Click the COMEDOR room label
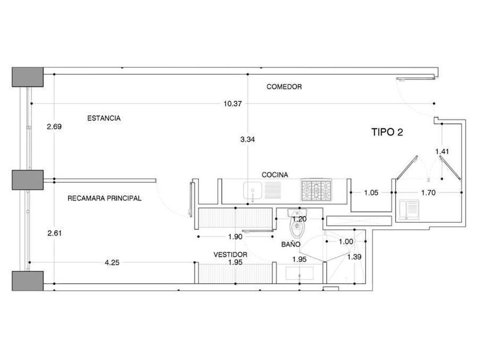[x=284, y=87]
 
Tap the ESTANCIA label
[x=103, y=118]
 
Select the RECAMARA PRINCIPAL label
[x=104, y=198]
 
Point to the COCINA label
[x=275, y=175]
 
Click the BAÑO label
[x=290, y=244]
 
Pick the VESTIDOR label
[x=230, y=255]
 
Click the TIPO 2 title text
[x=387, y=132]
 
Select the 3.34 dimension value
[x=247, y=139]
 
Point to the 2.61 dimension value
[x=54, y=233]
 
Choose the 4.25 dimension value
[x=113, y=263]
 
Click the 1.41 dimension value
[x=443, y=151]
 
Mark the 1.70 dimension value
[x=429, y=193]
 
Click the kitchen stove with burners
[x=316, y=190]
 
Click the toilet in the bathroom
[x=297, y=229]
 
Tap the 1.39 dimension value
[x=354, y=257]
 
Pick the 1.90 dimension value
[x=235, y=237]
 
